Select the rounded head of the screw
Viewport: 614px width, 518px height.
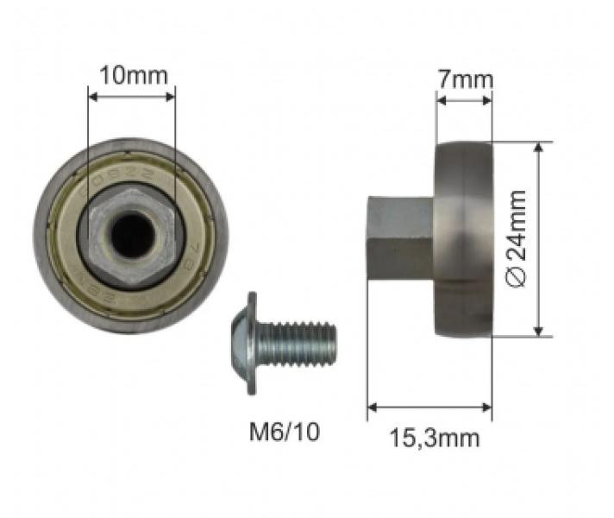241,342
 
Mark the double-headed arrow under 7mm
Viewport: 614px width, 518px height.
464,100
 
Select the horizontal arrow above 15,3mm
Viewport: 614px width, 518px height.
429,406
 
